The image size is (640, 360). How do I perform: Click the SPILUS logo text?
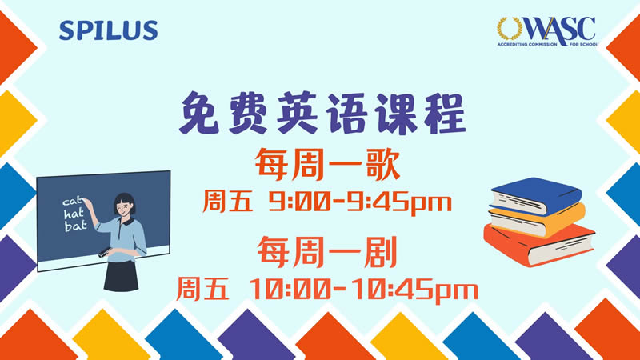click(108, 30)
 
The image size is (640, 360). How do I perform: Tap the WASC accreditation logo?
click(546, 31)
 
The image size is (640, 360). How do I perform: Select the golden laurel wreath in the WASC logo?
click(509, 29)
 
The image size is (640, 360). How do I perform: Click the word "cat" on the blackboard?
click(73, 201)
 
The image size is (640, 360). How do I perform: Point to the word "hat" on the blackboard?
click(74, 213)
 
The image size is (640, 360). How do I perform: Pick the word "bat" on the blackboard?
click(75, 226)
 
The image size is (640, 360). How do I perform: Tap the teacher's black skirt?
click(122, 276)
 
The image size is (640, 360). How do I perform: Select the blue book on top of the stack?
click(536, 196)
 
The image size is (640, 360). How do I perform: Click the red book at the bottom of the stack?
click(538, 245)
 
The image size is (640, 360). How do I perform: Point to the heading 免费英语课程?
click(323, 113)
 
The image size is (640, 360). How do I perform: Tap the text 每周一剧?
click(327, 252)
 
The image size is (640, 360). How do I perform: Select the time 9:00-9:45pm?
click(360, 203)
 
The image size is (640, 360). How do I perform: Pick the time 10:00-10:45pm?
click(363, 290)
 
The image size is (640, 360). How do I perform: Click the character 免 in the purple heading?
click(200, 113)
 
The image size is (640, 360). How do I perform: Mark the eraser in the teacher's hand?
click(105, 252)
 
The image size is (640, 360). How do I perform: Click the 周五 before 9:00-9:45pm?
click(227, 202)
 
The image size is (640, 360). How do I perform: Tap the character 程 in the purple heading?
click(445, 113)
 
